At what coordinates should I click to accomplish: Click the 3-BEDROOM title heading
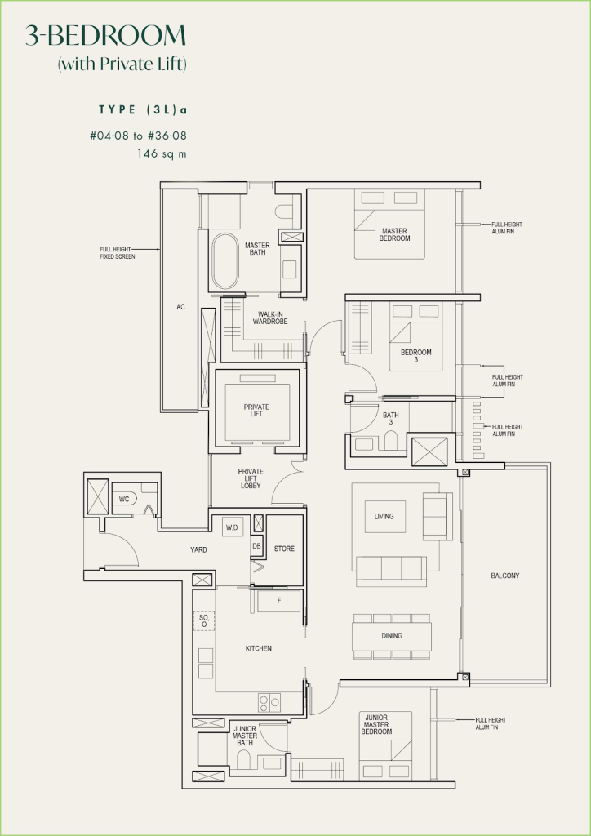click(106, 35)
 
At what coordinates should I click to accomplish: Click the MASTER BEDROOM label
click(394, 235)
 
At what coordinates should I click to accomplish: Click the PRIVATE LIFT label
click(256, 411)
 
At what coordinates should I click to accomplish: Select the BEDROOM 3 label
click(415, 355)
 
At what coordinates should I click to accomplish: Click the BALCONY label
click(504, 576)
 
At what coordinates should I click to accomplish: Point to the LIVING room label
click(384, 516)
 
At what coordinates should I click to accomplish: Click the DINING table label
click(391, 635)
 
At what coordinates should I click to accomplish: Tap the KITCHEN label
click(258, 648)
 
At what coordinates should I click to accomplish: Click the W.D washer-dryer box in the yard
click(231, 527)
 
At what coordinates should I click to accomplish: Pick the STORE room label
click(283, 549)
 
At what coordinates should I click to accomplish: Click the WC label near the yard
click(124, 498)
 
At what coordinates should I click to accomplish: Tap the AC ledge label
click(180, 307)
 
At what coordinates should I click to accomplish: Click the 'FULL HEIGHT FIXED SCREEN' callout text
click(118, 253)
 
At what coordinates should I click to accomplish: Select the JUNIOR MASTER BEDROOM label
click(376, 724)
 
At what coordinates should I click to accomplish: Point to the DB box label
click(256, 546)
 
